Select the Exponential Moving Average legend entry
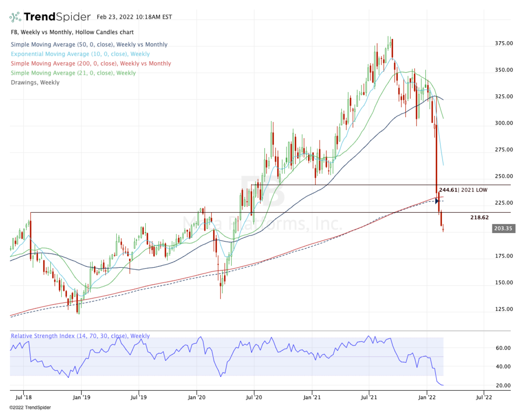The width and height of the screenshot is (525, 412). pos(80,54)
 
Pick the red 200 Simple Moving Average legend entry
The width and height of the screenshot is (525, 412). pos(91,63)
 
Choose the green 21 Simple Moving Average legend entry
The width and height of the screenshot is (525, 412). pos(73,73)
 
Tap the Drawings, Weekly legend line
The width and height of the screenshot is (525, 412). pos(35,82)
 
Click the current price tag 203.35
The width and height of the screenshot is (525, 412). pos(504,228)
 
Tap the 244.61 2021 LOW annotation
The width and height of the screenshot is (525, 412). pos(462,190)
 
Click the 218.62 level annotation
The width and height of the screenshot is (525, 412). pos(479,217)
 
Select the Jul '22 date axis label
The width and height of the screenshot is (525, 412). pos(484,398)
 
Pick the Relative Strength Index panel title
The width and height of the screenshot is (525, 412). pos(80,336)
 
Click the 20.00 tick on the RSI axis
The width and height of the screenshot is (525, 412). pos(502,385)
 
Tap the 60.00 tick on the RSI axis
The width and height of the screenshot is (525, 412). pos(502,348)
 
